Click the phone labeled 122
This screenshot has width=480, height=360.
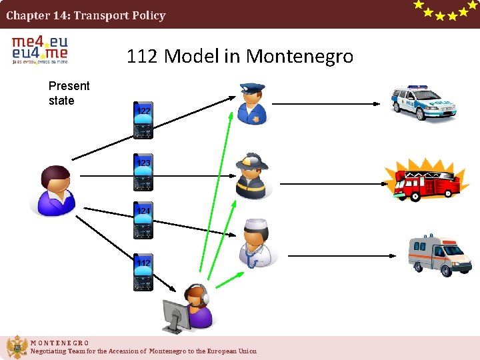click(143, 120)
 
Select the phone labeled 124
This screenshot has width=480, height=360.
click(143, 220)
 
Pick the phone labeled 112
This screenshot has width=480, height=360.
click(143, 272)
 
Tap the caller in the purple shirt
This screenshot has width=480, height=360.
click(55, 191)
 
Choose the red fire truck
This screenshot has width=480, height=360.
click(423, 180)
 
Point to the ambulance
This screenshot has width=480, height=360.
click(439, 255)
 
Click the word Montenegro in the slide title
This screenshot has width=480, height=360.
click(299, 57)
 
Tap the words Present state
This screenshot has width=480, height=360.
click(69, 93)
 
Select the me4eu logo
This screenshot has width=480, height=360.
click(40, 49)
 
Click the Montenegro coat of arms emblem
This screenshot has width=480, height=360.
click(16, 347)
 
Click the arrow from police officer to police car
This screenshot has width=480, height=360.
click(327, 103)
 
